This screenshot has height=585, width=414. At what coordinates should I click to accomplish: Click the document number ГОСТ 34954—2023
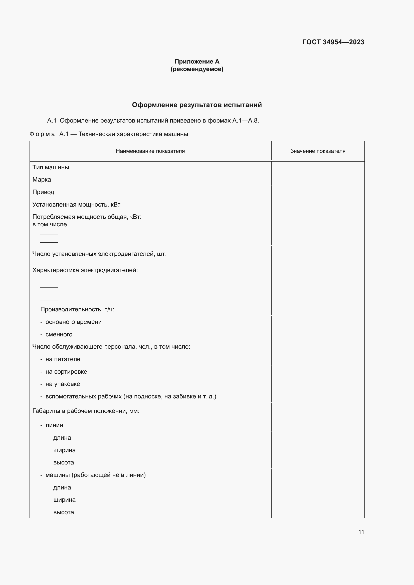[333, 42]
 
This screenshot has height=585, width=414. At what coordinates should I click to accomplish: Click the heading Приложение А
[197, 62]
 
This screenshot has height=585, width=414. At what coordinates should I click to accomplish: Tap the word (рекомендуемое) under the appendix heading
[197, 69]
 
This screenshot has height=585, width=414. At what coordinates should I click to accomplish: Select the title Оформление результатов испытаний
[197, 105]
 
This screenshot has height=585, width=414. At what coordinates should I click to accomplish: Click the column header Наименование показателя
[150, 151]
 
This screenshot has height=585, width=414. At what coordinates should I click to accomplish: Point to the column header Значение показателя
[318, 151]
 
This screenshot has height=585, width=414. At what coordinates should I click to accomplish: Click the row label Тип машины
[51, 167]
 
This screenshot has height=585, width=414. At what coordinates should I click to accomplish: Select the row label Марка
[42, 180]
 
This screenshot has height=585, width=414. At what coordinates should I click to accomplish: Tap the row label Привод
[43, 192]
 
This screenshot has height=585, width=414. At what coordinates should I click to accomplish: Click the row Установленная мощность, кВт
[76, 205]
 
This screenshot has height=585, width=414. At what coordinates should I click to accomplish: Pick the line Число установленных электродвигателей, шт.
[99, 254]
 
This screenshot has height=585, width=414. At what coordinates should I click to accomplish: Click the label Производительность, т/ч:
[77, 309]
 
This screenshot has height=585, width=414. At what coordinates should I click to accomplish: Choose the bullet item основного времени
[73, 322]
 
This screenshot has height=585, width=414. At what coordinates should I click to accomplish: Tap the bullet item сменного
[59, 334]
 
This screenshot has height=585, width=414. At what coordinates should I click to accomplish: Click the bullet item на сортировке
[66, 372]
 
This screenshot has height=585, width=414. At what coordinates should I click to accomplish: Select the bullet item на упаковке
[63, 384]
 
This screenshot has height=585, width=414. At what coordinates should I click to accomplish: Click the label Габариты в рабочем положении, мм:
[86, 411]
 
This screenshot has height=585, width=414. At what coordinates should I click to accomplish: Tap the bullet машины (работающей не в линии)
[95, 475]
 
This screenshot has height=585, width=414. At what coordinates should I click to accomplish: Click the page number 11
[361, 532]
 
